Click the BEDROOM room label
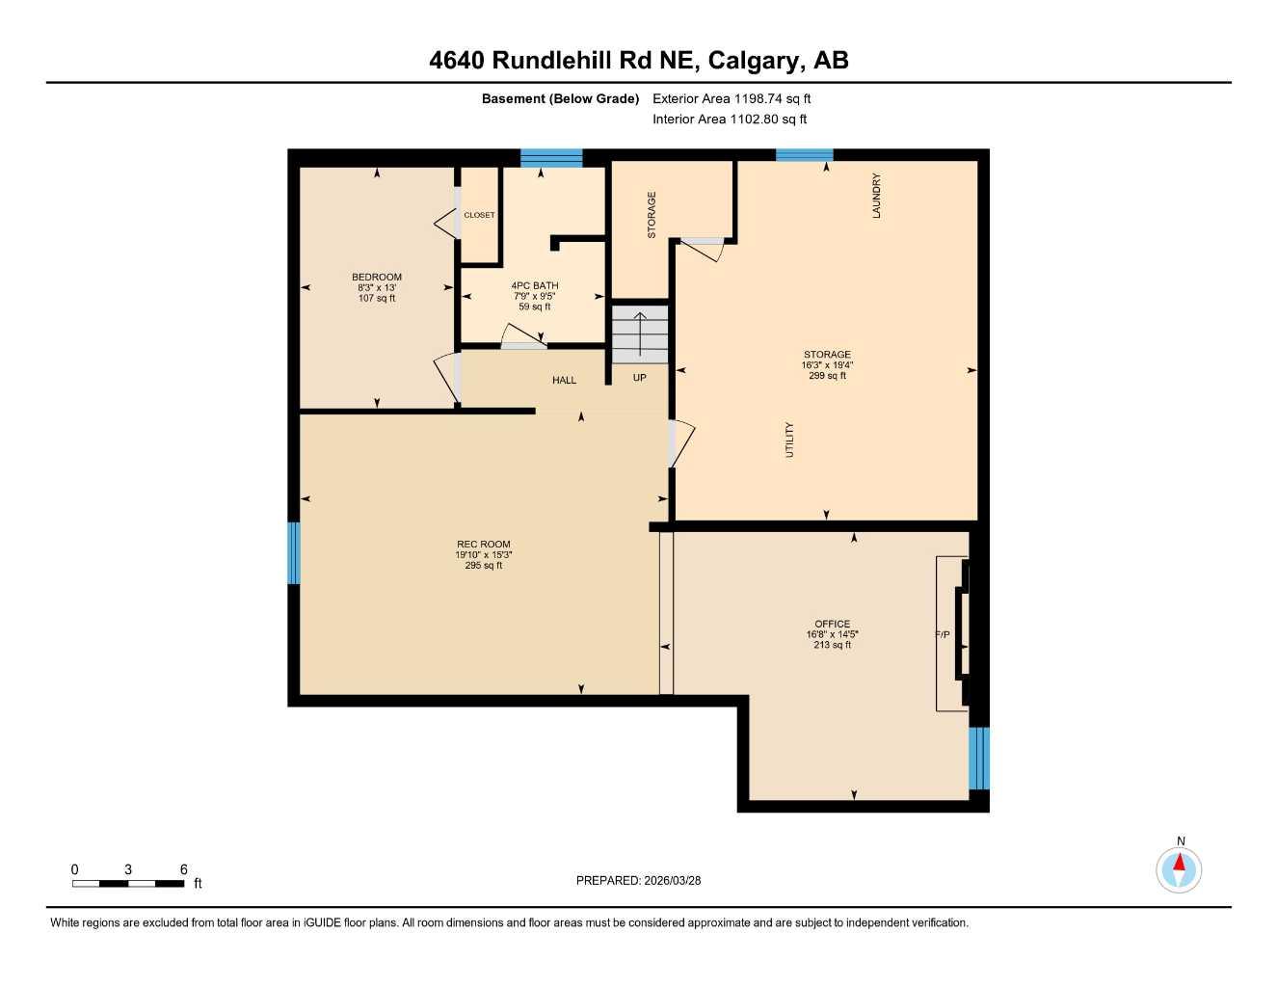(376, 278)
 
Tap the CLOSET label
(479, 215)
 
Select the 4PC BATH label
(534, 286)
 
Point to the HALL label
(564, 381)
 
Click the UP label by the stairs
(640, 378)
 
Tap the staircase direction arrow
(640, 333)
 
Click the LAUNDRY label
(877, 196)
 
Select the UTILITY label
(790, 440)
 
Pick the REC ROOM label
(484, 545)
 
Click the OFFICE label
(832, 624)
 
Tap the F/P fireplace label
(943, 635)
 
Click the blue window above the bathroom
(551, 158)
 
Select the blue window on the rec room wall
(294, 553)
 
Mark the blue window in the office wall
(979, 758)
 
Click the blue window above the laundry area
(805, 155)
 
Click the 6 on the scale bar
(183, 869)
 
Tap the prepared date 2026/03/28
(673, 880)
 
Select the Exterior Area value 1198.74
(759, 98)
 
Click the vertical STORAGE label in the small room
(652, 215)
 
